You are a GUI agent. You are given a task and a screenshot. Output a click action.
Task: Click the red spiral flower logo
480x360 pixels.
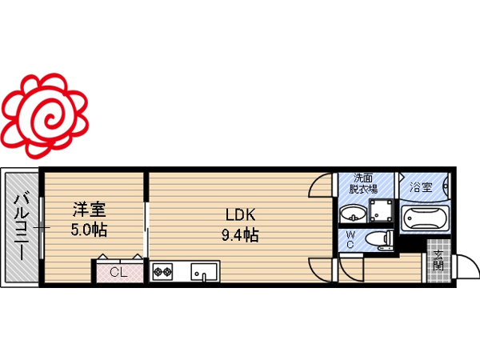point(45,116)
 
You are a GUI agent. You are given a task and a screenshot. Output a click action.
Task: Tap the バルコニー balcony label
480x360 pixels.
point(22,226)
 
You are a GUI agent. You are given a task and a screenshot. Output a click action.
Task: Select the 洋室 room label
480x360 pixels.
point(89,210)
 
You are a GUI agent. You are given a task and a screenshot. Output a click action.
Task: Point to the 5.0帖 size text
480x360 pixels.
point(89,230)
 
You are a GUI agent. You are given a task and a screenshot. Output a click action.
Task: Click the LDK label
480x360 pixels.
point(240,215)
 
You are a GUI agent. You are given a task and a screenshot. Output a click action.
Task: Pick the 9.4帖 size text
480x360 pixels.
point(240,235)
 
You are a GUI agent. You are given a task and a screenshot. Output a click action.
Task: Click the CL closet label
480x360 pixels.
point(118,272)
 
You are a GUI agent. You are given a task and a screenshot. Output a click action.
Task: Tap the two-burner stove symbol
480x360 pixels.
point(162,271)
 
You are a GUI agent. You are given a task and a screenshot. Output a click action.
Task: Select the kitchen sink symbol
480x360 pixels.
point(204,272)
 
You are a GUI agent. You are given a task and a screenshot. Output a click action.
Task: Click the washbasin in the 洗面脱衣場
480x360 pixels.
point(354,214)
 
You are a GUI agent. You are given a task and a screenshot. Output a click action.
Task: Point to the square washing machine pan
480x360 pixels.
point(381,211)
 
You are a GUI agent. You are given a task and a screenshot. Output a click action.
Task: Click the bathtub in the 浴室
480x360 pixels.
point(425,217)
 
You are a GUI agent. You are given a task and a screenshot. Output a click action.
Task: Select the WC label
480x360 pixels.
point(350,240)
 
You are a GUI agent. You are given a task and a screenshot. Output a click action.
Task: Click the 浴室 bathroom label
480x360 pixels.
point(421,186)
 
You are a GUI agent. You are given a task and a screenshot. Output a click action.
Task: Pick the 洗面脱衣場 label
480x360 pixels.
point(363,183)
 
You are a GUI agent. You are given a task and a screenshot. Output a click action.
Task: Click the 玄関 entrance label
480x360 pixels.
point(438,261)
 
